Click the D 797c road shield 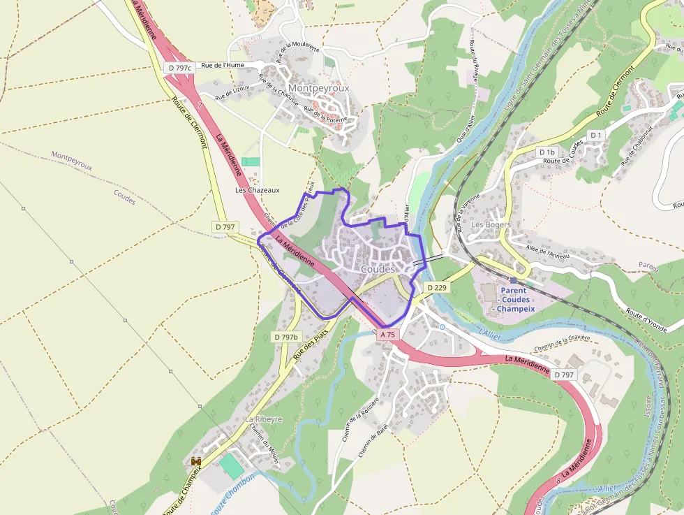coord(179,68)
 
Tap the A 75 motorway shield coord(388,335)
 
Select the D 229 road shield coord(436,288)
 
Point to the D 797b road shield coord(285,337)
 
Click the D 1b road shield coord(547,152)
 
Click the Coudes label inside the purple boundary coord(378,269)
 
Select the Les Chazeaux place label coord(258,190)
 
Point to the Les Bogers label coord(491,225)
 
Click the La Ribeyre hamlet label coord(263,419)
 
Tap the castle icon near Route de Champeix coord(196,461)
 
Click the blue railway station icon coord(513,280)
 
